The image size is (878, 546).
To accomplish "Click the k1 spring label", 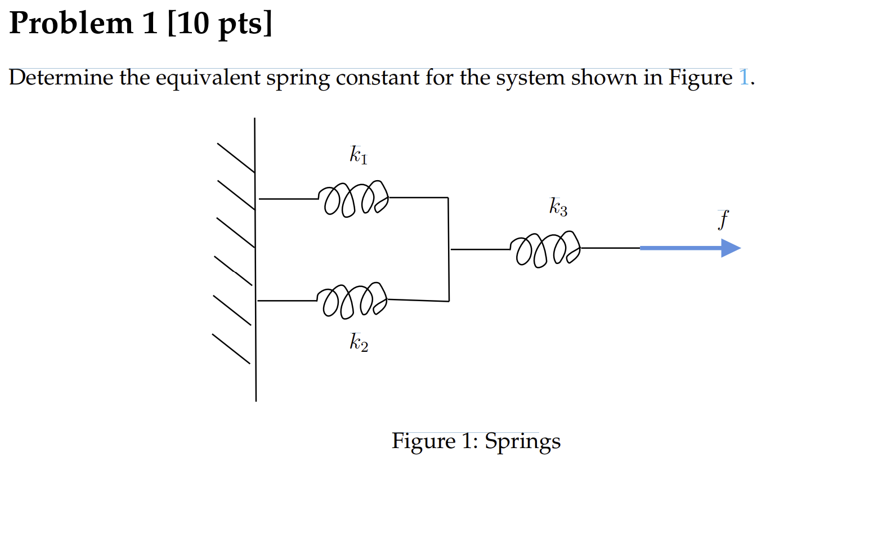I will coord(358,154).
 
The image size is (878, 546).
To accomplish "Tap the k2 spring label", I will coord(359,342).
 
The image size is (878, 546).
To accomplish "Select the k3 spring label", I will coord(558,207).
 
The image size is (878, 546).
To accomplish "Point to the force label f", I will coord(723,219).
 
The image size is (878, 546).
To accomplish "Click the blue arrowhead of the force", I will coord(731,248).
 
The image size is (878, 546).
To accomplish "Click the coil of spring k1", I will coord(353,199).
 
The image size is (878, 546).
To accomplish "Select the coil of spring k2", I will coord(352,300).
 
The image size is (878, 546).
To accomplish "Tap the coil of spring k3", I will coord(545,248).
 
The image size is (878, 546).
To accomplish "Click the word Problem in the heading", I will coord(71,24).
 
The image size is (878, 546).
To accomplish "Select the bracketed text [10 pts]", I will coord(219,24).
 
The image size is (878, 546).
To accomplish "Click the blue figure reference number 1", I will coord(743,77).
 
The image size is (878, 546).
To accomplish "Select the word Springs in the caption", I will coord(522,441).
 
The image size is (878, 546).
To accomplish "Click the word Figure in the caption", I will coord(423,441).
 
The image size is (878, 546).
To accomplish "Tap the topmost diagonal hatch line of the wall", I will coord(236,158).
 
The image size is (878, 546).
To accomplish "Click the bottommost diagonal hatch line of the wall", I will coord(231,349).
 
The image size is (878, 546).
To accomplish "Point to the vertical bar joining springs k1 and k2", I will coord(449,249).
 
